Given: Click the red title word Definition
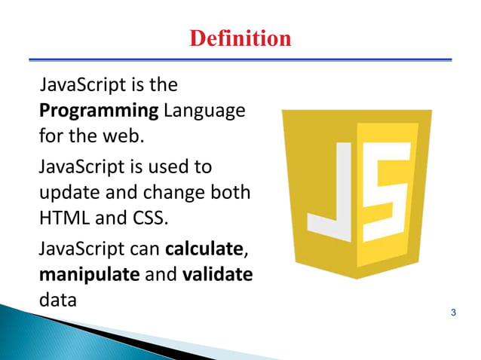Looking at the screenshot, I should [x=240, y=38].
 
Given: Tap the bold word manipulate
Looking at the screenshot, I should [x=88, y=273].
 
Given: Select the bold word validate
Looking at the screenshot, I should [x=217, y=273].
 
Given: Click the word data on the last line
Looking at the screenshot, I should [x=58, y=301].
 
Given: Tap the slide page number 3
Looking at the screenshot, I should [x=452, y=312].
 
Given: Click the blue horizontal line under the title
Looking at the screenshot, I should [x=240, y=59].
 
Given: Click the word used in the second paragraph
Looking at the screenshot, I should [x=176, y=165].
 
